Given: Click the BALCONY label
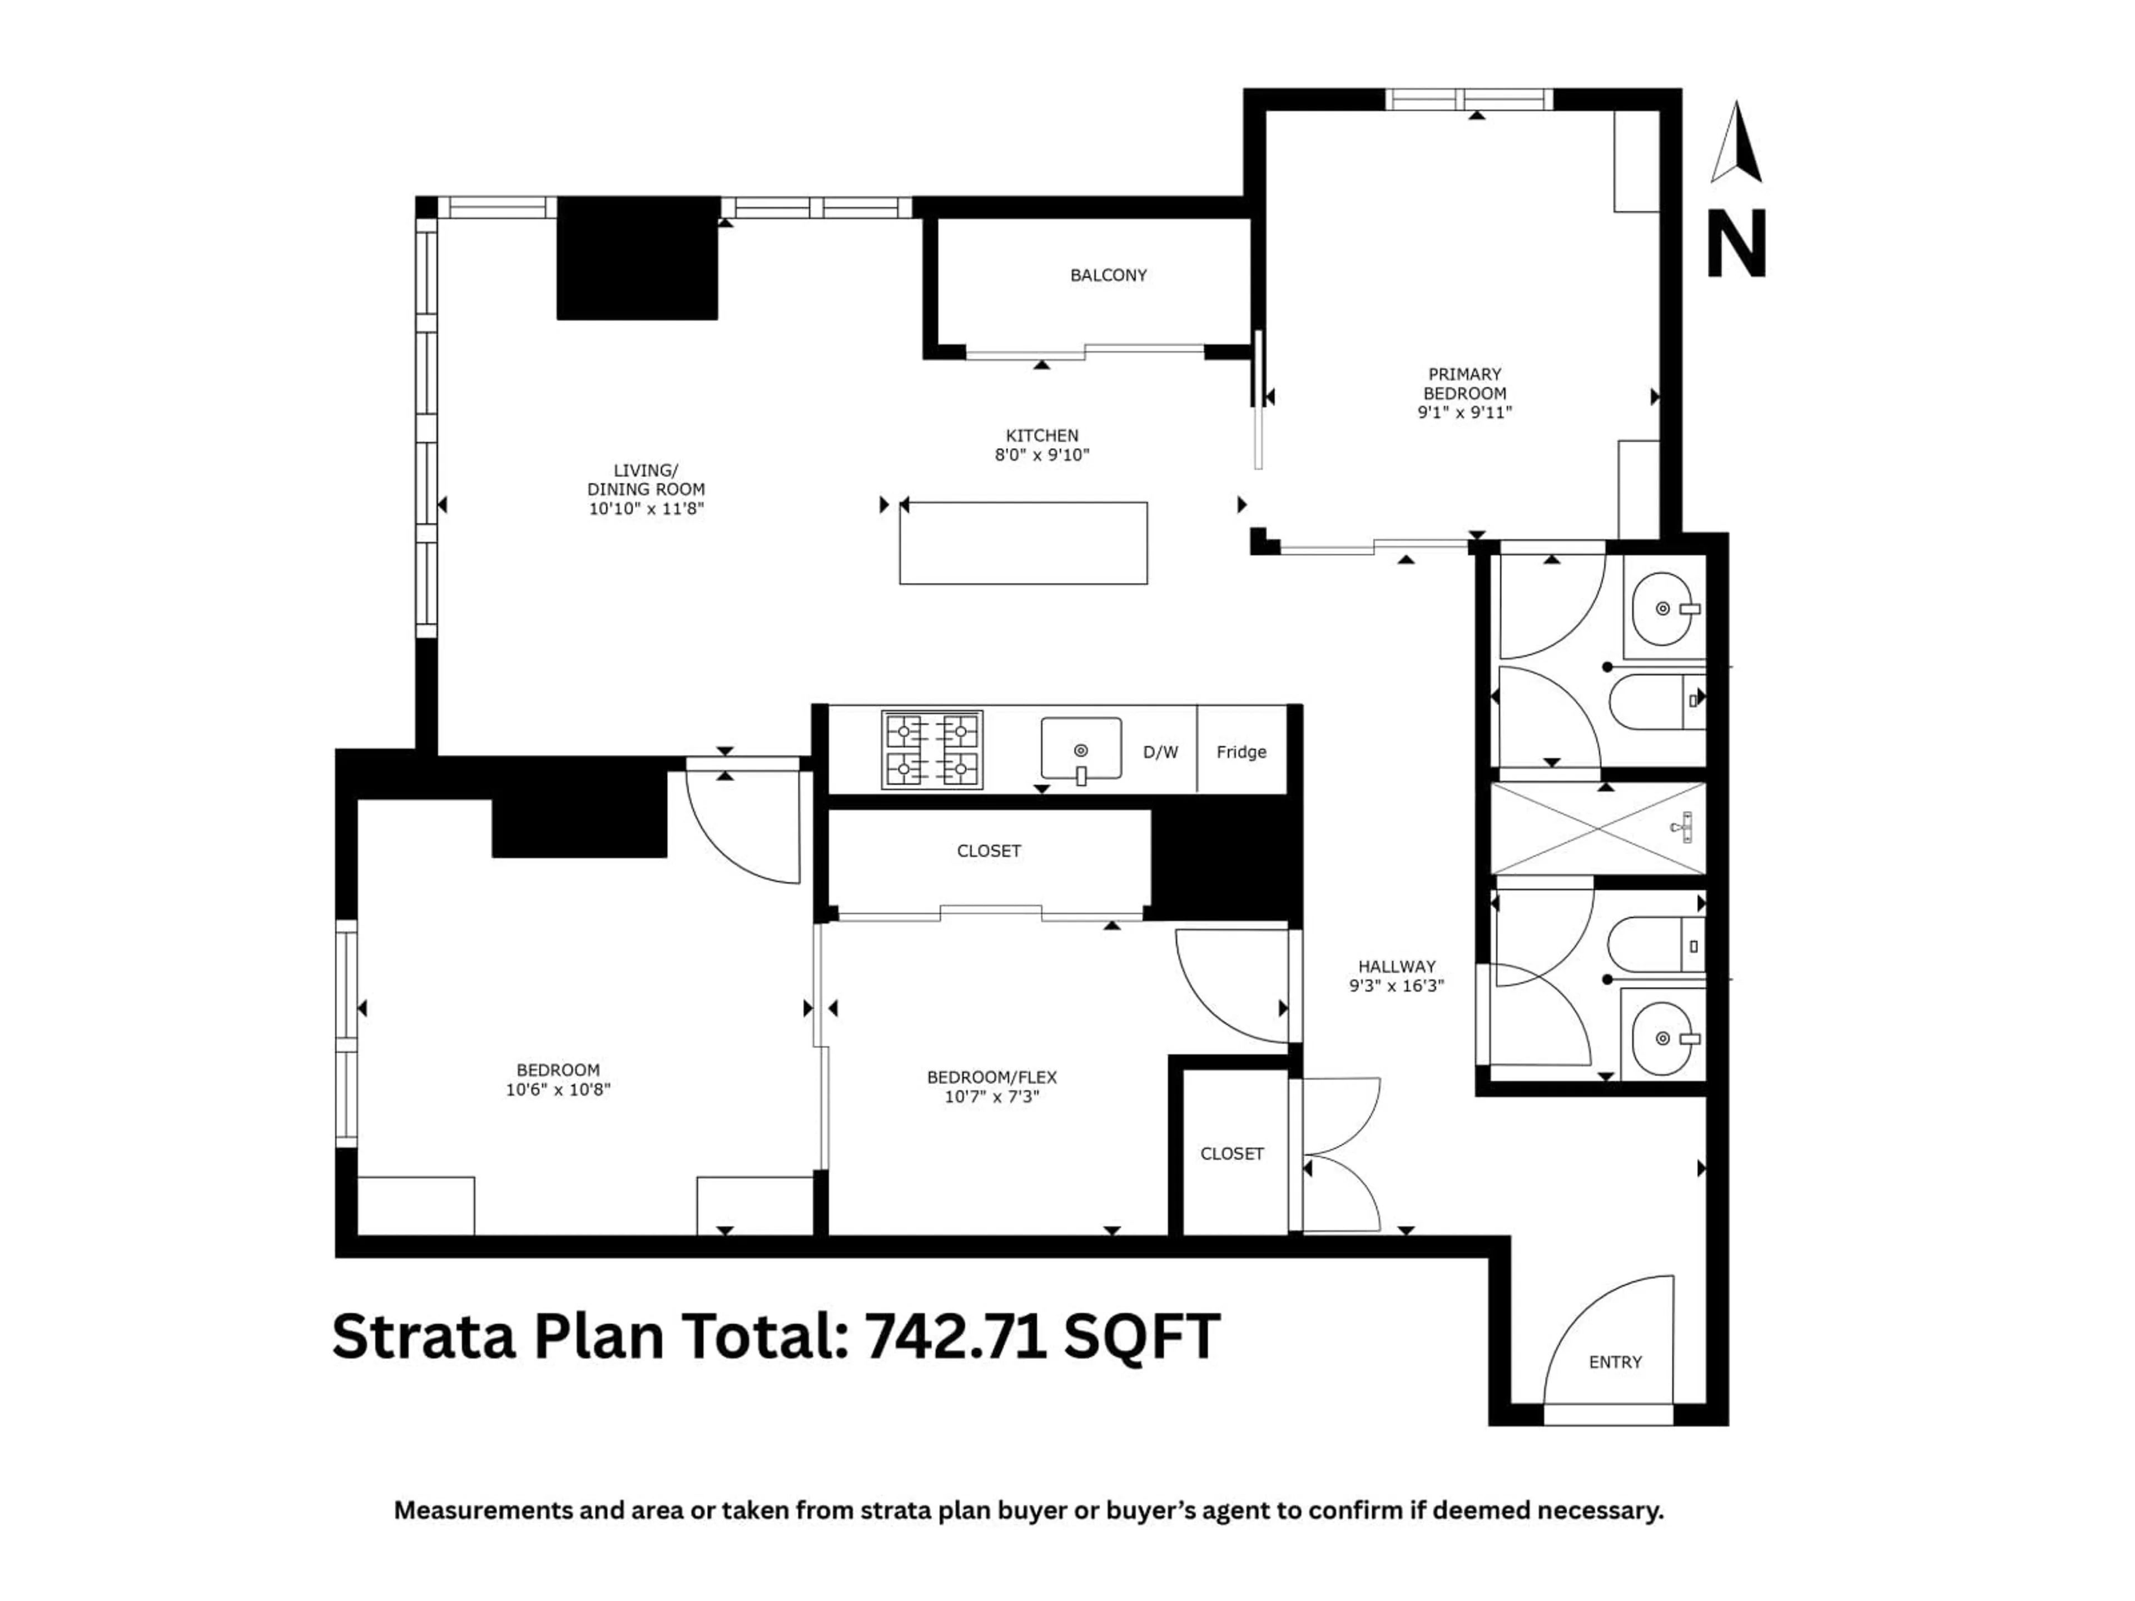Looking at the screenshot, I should [1108, 275].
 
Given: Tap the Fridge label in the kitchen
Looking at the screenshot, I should [1241, 752].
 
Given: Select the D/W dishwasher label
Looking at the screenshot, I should [1160, 752].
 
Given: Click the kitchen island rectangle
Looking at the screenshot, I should [1023, 543].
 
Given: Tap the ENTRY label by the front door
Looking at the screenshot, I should [1615, 1361].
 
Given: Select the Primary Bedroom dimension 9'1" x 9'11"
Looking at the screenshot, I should [1464, 412].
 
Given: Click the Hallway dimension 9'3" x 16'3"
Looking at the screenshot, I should [1397, 985].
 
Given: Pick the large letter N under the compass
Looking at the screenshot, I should [1736, 244].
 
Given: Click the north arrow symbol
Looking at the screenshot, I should [1736, 143].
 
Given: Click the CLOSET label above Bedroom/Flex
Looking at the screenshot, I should [989, 850].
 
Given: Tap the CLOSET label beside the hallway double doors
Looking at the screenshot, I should [1232, 1153].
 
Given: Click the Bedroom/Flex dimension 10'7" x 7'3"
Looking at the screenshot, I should [992, 1096].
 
